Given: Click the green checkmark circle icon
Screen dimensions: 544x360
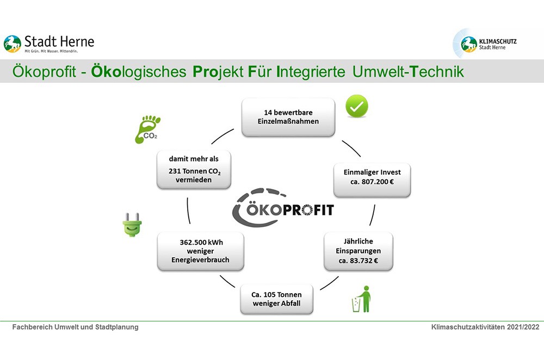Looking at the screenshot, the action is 357,106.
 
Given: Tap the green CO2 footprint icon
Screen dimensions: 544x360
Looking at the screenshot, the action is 147,129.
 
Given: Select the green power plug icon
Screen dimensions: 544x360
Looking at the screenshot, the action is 132,225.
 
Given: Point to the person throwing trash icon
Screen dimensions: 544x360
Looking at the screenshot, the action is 362,299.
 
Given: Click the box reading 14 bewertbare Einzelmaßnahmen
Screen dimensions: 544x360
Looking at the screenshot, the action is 288,117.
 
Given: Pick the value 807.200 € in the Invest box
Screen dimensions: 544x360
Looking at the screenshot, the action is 378,182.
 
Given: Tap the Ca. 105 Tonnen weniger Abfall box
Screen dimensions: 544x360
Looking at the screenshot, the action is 276,299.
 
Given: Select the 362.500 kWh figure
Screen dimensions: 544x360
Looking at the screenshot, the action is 201,243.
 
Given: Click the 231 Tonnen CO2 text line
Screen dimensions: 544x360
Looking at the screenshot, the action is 195,171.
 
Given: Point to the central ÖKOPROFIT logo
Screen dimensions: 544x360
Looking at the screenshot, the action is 283,207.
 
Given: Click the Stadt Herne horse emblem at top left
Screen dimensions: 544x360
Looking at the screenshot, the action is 13,44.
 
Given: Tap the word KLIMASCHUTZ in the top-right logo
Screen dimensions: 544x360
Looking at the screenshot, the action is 498,41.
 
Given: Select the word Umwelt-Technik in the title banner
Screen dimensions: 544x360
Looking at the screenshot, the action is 408,71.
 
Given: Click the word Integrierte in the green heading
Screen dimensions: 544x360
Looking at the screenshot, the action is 311,72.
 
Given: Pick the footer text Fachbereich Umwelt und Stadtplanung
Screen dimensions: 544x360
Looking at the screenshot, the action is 75,327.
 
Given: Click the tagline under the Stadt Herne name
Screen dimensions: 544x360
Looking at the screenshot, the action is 51,51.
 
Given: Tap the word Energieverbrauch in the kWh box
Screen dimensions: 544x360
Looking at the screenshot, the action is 200,260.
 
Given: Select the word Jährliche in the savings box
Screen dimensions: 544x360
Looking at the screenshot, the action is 358,241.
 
